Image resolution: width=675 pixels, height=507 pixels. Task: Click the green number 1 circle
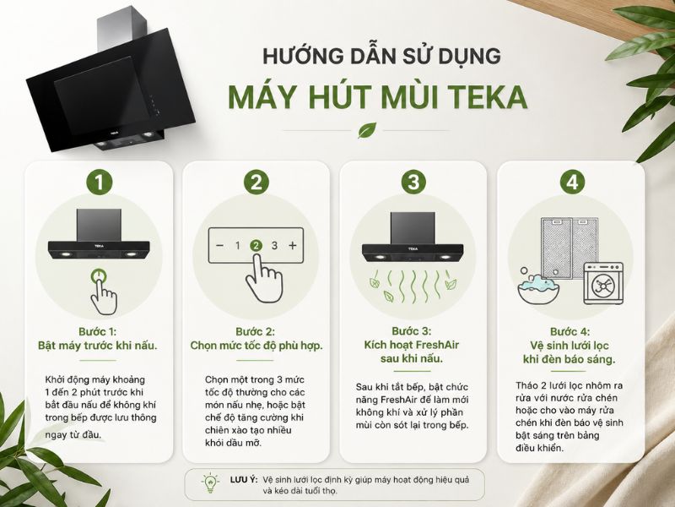pyautogui.click(x=99, y=182)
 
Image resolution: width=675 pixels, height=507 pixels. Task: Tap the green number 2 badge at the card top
pyautogui.click(x=256, y=182)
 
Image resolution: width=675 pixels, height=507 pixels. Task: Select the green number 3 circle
pyautogui.click(x=413, y=182)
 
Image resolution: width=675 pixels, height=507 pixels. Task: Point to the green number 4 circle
pyautogui.click(x=572, y=182)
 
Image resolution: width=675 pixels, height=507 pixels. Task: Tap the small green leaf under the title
pyautogui.click(x=367, y=130)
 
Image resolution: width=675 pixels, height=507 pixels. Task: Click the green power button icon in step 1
pyautogui.click(x=99, y=276)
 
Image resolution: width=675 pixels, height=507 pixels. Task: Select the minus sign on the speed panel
pyautogui.click(x=219, y=246)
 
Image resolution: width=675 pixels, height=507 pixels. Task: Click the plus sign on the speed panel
pyautogui.click(x=293, y=246)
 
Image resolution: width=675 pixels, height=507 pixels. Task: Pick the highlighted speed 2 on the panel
pyautogui.click(x=256, y=246)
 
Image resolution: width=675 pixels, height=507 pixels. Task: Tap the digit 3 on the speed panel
pyautogui.click(x=274, y=246)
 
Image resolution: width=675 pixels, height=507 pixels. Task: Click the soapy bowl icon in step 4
pyautogui.click(x=538, y=287)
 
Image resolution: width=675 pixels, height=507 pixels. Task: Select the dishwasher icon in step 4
pyautogui.click(x=603, y=283)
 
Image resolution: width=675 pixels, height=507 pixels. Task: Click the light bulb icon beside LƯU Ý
pyautogui.click(x=210, y=483)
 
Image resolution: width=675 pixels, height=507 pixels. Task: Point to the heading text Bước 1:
pyautogui.click(x=97, y=331)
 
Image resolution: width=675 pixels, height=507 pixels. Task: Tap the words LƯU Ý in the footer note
pyautogui.click(x=243, y=479)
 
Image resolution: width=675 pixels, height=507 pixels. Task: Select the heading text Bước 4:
pyautogui.click(x=570, y=331)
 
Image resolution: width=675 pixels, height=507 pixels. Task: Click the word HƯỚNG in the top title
pyautogui.click(x=297, y=57)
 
